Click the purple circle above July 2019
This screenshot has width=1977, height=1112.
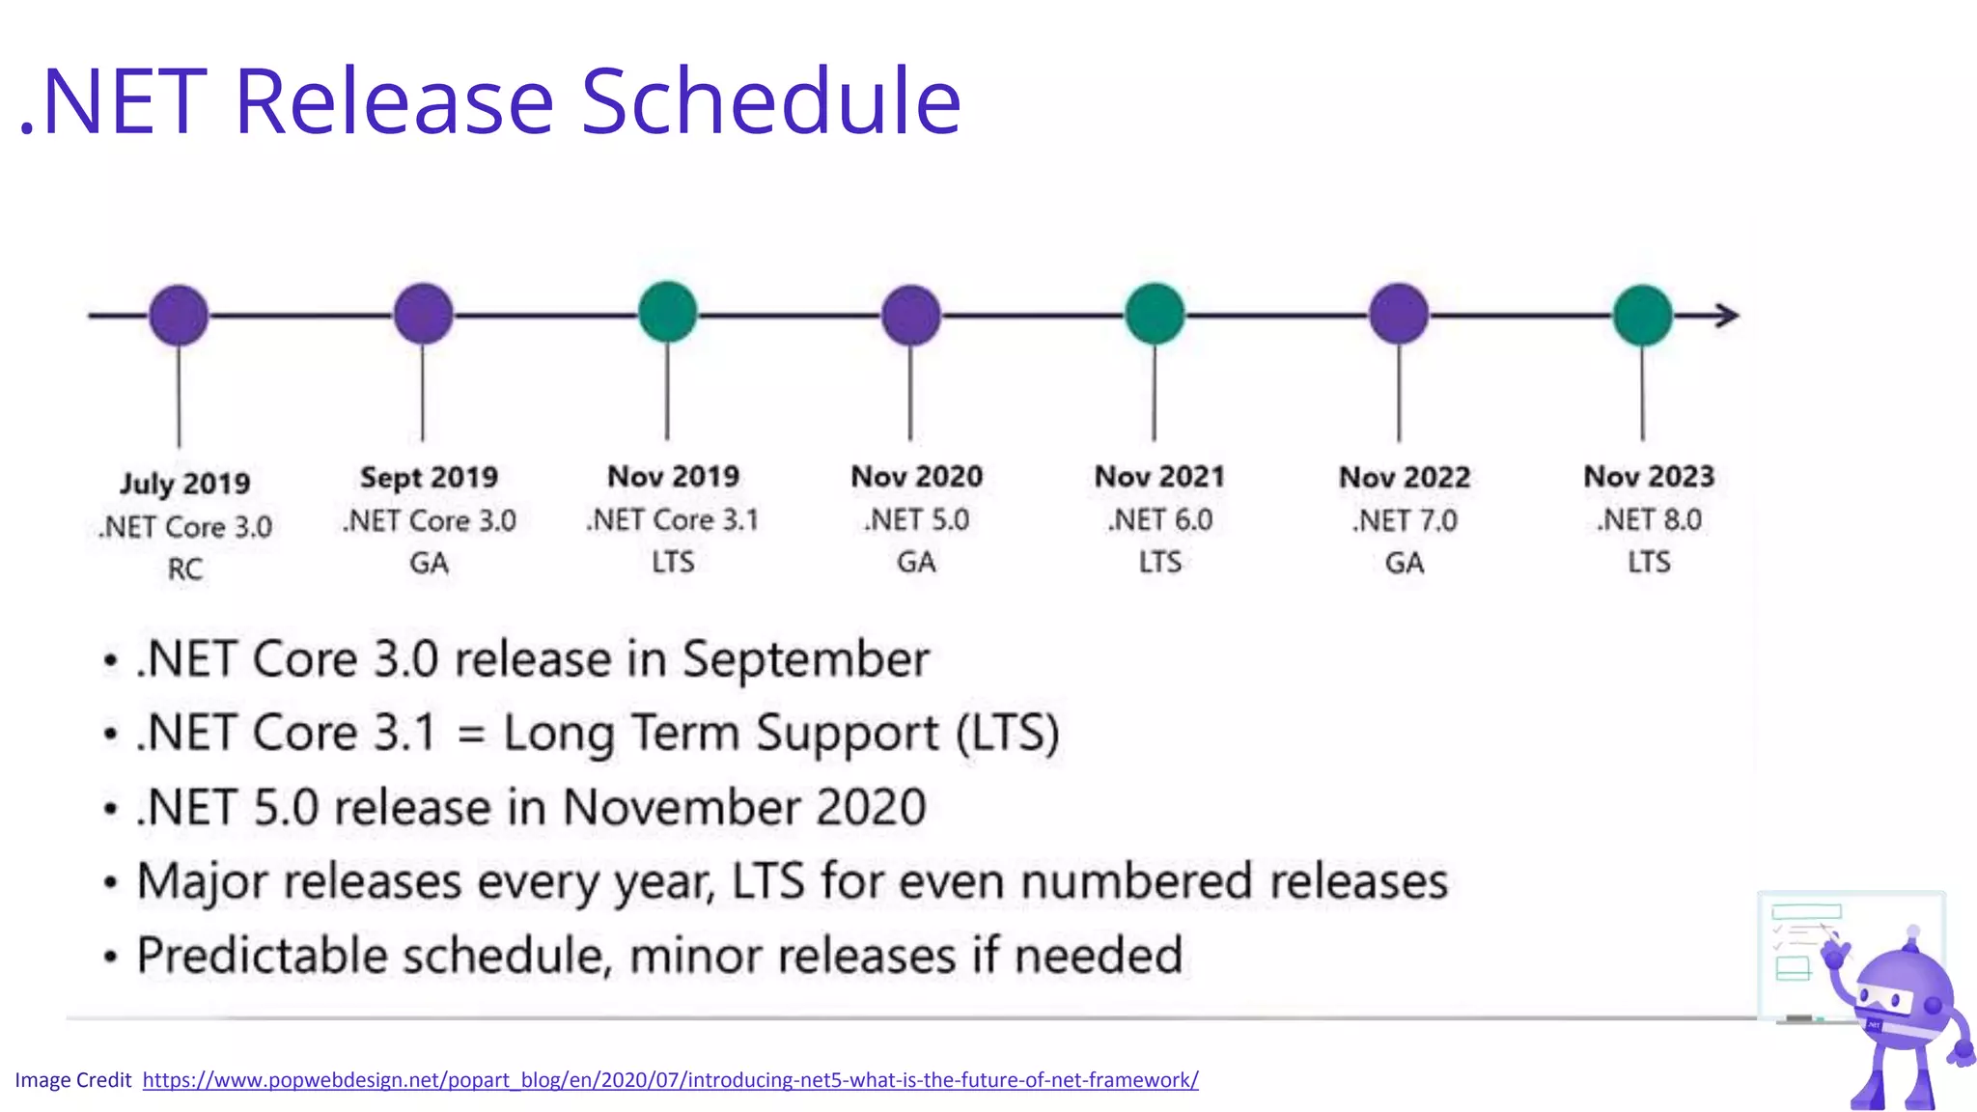[179, 315]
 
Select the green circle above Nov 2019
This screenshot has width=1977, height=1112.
[667, 312]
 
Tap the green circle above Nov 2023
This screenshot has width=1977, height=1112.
[1642, 315]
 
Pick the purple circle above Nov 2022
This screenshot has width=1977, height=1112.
[1399, 314]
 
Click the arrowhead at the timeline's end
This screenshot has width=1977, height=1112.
[1728, 315]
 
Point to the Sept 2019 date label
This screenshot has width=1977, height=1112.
[429, 477]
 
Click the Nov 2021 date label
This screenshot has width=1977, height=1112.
[1159, 476]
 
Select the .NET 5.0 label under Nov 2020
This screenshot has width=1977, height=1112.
[916, 520]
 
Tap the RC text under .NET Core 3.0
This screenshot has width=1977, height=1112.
[184, 570]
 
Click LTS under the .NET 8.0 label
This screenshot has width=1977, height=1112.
[1649, 562]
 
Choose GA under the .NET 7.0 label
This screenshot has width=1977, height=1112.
[1404, 563]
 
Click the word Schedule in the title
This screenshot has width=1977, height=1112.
[770, 100]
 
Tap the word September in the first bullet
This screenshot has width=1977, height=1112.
[805, 660]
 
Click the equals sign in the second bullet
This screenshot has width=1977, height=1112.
[470, 734]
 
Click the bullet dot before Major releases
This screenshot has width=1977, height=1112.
[111, 882]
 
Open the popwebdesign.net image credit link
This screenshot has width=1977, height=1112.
[670, 1080]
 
